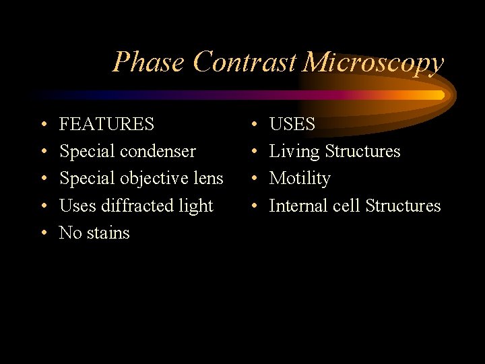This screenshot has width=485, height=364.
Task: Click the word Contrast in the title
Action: point(244,63)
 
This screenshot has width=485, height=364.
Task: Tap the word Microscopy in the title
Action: point(373,63)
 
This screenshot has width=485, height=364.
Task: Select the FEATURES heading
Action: point(106,125)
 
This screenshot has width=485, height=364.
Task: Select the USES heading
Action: point(292,125)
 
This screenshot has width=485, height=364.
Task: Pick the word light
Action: point(195,206)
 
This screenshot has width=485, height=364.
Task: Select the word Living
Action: point(294,152)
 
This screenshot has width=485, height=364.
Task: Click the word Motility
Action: point(300,179)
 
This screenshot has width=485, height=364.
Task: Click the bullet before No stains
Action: point(43,234)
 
